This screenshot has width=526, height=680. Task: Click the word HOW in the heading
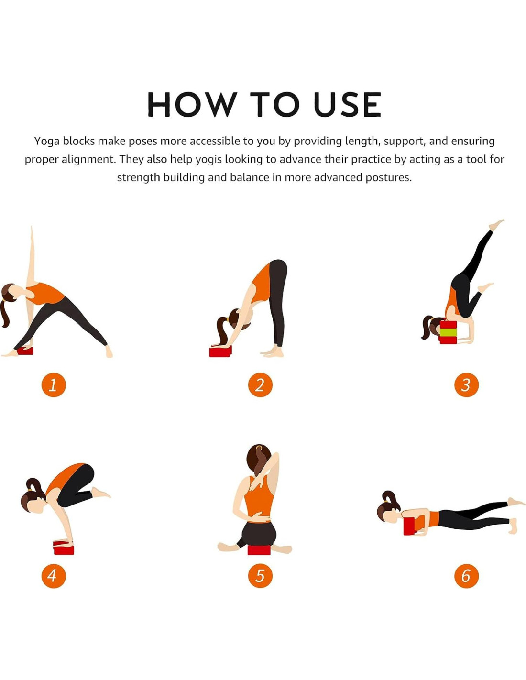tap(192, 105)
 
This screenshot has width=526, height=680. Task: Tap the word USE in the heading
tap(347, 105)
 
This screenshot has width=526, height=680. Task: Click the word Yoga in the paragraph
tap(47, 142)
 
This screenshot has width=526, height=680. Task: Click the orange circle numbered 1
tap(54, 385)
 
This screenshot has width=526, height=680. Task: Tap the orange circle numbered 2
tap(260, 385)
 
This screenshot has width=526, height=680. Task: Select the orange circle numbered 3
tap(466, 385)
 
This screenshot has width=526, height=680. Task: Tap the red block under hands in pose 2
tap(220, 351)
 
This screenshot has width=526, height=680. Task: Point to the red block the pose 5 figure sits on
tap(259, 549)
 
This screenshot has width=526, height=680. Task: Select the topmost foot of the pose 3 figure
tap(496, 225)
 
